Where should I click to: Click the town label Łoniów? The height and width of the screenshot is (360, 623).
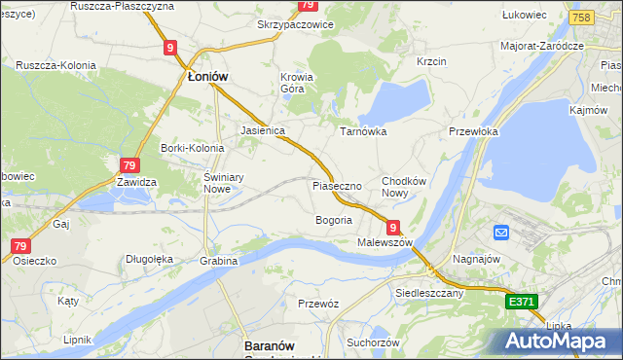coord(207,77)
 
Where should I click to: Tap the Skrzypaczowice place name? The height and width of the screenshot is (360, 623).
coord(295,24)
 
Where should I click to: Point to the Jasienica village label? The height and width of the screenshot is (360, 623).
coord(262,129)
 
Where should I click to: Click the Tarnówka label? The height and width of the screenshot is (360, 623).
coord(363,130)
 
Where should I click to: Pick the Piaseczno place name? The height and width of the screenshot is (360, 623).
coord(337,185)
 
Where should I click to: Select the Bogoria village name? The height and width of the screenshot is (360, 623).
coord(333,220)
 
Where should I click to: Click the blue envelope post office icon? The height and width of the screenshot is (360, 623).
coord(501,233)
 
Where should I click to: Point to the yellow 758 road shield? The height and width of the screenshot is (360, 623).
coord(581,18)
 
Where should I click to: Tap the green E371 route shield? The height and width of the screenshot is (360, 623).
coord(522,304)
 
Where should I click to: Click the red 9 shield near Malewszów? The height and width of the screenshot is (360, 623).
coord(394,226)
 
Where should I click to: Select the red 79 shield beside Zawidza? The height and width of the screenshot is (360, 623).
coord(129,165)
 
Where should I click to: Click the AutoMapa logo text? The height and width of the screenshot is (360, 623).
coord(557,342)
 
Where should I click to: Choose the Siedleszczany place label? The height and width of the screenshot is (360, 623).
coord(429,291)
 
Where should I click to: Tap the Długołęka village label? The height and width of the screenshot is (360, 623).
coord(149,259)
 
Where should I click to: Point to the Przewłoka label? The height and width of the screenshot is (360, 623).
coord(473,131)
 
